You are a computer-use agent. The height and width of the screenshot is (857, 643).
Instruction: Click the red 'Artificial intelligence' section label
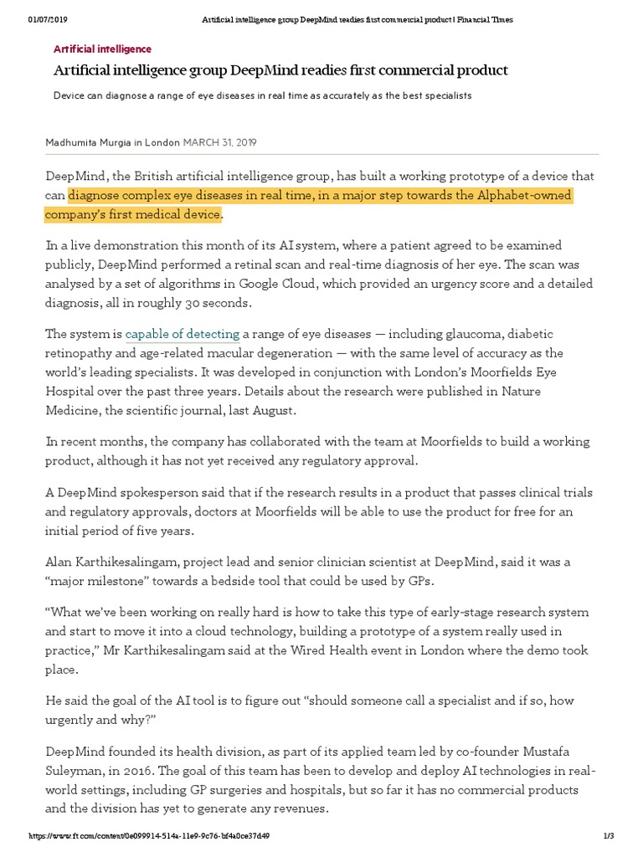click(x=102, y=49)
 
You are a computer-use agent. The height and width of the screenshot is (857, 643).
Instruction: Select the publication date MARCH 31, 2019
click(x=219, y=142)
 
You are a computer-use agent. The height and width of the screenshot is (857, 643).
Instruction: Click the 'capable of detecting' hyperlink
click(x=183, y=334)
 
